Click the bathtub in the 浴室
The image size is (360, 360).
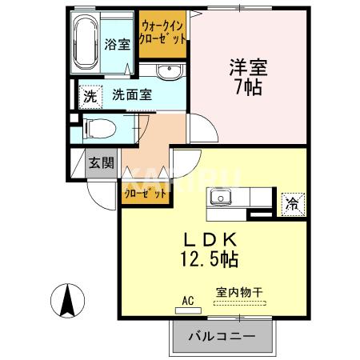(x=86, y=42)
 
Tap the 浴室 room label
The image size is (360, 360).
(x=117, y=44)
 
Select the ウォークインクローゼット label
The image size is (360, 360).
(x=163, y=32)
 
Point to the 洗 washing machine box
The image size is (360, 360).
(x=91, y=95)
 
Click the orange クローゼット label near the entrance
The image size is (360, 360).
(x=145, y=193)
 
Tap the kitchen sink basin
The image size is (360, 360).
(x=219, y=198)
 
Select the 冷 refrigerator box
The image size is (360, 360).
(x=294, y=202)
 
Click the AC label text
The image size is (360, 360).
(x=188, y=300)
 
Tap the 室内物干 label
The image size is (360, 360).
(x=239, y=293)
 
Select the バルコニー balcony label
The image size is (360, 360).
(x=222, y=336)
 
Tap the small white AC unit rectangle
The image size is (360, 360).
(x=188, y=310)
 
